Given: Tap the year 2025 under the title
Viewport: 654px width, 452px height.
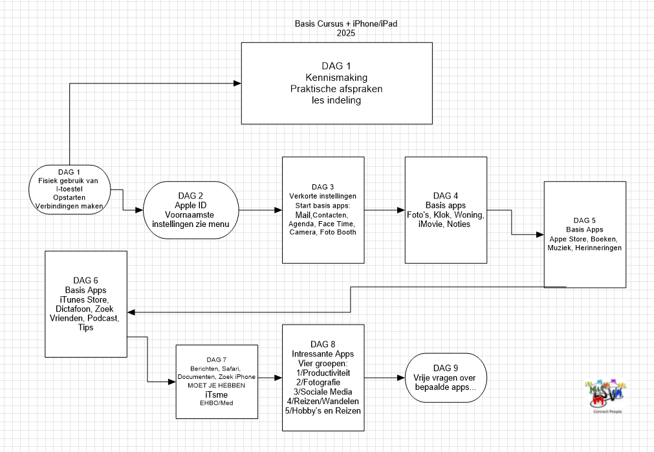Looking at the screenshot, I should click(346, 34).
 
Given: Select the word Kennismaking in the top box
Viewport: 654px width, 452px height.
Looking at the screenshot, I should click(336, 78).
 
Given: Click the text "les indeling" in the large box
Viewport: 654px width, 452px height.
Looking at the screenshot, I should click(336, 100).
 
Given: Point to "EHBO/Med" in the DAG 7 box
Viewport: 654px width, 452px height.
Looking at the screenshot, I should click(217, 403).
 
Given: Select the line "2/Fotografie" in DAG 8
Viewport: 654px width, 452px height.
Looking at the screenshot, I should click(323, 382).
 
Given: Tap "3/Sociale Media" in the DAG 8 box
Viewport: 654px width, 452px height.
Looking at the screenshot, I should click(323, 392).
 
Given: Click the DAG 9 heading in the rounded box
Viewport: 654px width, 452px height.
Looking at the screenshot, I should click(445, 368).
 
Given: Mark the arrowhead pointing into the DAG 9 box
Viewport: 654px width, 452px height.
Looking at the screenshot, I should click(401, 377).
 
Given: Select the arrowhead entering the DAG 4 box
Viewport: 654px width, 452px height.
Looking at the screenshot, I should click(401, 210).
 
